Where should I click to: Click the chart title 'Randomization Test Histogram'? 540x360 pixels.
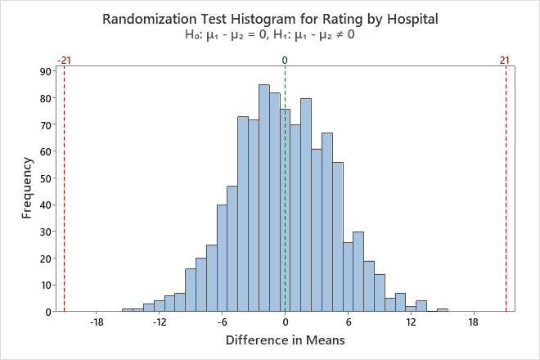[270, 18]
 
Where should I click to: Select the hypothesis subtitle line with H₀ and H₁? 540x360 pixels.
[270, 36]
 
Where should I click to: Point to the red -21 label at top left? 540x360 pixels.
[64, 60]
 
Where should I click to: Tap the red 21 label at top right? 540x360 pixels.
[505, 60]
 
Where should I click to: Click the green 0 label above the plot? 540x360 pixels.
[285, 60]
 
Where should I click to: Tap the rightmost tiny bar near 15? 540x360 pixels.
[443, 309]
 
